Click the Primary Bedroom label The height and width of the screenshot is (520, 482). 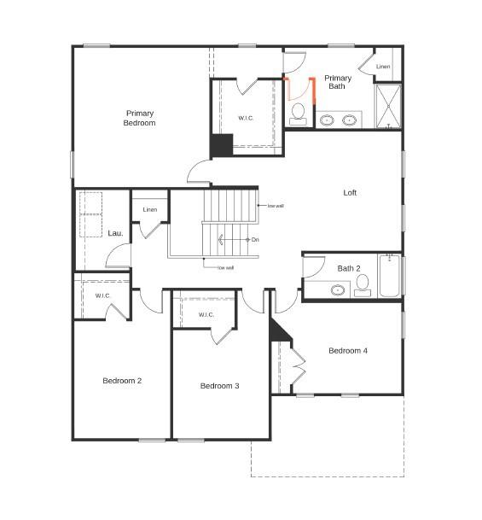(140, 118)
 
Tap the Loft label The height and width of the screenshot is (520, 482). (350, 192)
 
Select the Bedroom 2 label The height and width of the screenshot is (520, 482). (122, 381)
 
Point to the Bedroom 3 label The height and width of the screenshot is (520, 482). (219, 386)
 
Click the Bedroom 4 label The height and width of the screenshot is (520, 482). (348, 351)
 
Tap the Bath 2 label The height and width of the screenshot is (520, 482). (349, 268)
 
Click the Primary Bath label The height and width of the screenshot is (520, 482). (337, 82)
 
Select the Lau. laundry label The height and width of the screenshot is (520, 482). (115, 233)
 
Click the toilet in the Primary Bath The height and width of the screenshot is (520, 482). (298, 112)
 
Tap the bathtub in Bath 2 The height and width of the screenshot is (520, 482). (389, 276)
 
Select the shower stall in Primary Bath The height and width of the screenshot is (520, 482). (388, 106)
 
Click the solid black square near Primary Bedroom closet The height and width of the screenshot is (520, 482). (222, 145)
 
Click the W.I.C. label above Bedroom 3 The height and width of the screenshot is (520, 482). (206, 315)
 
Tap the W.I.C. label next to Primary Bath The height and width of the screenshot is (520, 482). (246, 118)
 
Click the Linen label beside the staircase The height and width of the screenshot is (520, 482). (150, 209)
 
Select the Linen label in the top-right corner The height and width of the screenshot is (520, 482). (383, 67)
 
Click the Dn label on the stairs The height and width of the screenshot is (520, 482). (255, 239)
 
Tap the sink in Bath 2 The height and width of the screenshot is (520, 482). (338, 290)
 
